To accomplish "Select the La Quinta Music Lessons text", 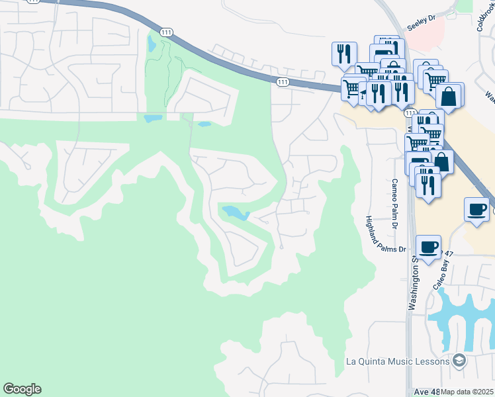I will coord(398,361).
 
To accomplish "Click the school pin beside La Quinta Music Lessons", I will coord(459,361).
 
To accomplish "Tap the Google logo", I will coord(22,389).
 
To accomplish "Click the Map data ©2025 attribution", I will coord(467,392).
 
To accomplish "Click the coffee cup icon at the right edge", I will coord(476,210).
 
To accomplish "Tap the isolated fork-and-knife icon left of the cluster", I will coord(344,54).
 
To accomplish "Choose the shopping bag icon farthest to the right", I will coord(450,95).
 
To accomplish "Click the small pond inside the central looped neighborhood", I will coord(236,212).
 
